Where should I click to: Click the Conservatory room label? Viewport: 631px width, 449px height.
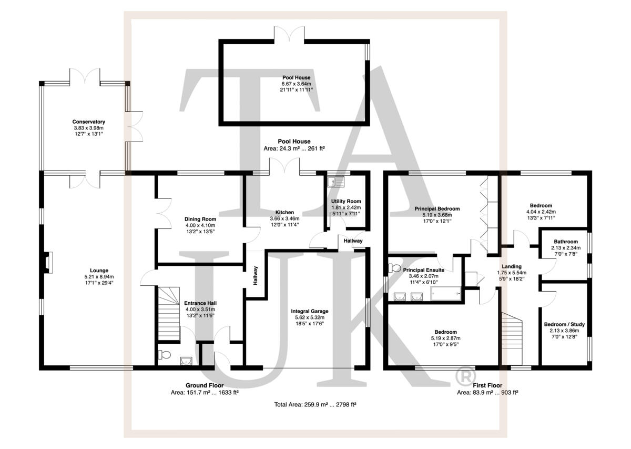89,122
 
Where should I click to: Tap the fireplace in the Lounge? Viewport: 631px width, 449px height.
47,263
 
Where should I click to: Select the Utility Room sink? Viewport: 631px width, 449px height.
336,182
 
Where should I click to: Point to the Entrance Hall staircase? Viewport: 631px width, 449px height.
168,314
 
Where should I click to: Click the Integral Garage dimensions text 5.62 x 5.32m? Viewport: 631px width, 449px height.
310,317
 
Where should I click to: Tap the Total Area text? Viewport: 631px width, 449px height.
315,404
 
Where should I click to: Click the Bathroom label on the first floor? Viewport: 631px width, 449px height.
566,242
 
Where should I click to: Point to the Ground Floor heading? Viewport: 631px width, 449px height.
205,385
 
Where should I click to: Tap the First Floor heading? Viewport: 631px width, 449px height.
487,385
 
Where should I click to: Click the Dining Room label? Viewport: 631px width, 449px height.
200,219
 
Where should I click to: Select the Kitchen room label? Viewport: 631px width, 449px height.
284,212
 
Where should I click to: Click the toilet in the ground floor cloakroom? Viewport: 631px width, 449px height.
164,355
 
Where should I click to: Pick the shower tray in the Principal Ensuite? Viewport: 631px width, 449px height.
446,294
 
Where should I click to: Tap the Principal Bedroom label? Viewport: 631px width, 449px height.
437,209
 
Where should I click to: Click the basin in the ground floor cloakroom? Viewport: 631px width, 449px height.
186,361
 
